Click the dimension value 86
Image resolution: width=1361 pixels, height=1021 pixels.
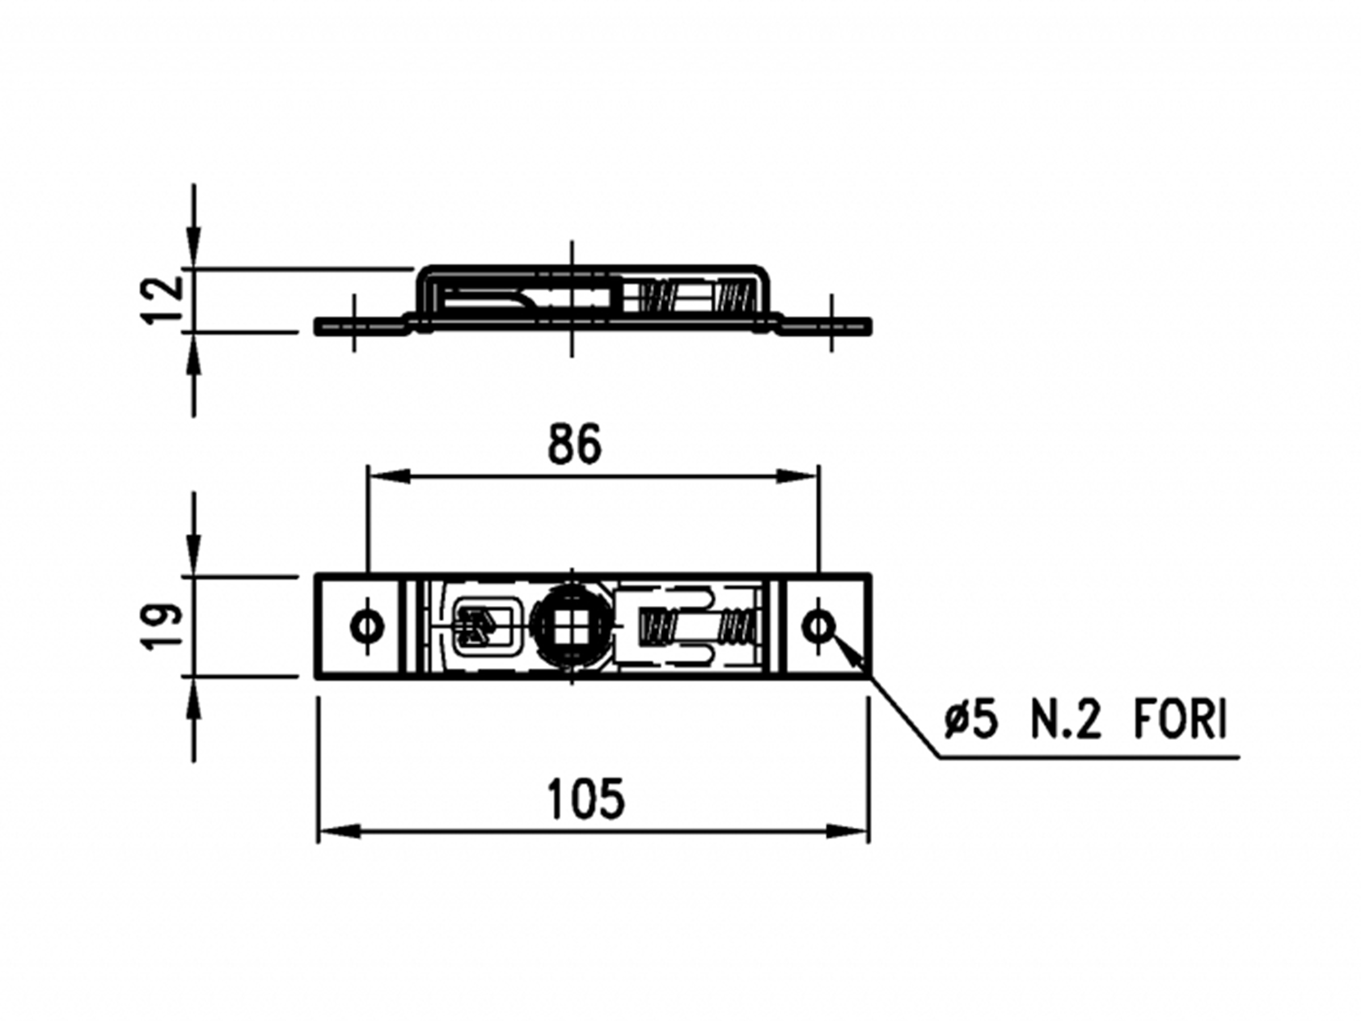click(x=573, y=444)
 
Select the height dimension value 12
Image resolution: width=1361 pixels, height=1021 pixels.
click(x=162, y=299)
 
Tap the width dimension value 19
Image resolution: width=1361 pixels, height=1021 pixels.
click(x=162, y=626)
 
